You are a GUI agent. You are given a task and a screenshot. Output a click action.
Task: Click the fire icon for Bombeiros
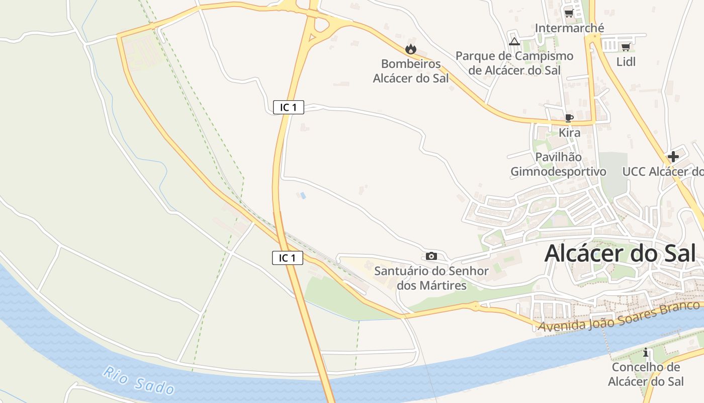pyautogui.click(x=411, y=49)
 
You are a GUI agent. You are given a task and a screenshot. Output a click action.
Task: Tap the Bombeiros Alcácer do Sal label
pyautogui.click(x=411, y=71)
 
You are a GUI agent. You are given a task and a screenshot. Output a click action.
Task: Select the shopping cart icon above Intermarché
pyautogui.click(x=569, y=13)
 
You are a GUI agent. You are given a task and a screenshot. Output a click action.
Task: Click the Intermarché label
pyautogui.click(x=569, y=28)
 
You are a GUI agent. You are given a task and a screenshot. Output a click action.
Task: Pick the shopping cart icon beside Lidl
pyautogui.click(x=626, y=47)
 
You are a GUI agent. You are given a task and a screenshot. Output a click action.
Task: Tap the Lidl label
pyautogui.click(x=626, y=61)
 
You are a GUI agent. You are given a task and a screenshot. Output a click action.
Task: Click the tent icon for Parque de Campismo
pyautogui.click(x=514, y=41)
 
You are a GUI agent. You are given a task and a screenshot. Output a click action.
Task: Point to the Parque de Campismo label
pyautogui.click(x=514, y=63)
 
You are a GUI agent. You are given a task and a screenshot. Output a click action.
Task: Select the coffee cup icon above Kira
pyautogui.click(x=569, y=118)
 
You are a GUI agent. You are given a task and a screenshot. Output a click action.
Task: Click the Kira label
pyautogui.click(x=570, y=132)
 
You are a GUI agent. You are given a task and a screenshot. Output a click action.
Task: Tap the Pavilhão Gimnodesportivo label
pyautogui.click(x=558, y=164)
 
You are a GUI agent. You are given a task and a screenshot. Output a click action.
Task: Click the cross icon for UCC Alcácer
pyautogui.click(x=673, y=157)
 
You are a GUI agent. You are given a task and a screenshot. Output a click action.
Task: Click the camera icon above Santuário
pyautogui.click(x=431, y=256)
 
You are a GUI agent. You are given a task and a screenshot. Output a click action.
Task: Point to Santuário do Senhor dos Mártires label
pyautogui.click(x=431, y=278)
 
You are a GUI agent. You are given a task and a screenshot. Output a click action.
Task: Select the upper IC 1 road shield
pyautogui.click(x=289, y=107)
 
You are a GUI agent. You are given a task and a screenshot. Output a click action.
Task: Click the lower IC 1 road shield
pyautogui.click(x=288, y=258)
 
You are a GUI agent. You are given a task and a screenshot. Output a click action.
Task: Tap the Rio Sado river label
pyautogui.click(x=139, y=381)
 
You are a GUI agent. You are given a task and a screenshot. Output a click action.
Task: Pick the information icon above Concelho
pyautogui.click(x=646, y=353)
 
